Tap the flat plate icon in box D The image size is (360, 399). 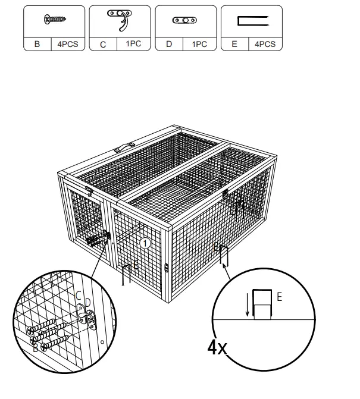tap(185, 20)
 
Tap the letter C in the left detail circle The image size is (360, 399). tap(78, 296)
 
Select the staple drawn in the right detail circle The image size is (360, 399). tap(262, 303)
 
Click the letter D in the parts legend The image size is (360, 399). tap(168, 43)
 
